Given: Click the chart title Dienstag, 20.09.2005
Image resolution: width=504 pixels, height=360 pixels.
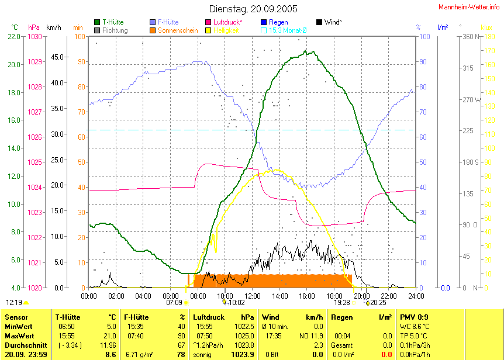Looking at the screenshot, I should coord(253,9).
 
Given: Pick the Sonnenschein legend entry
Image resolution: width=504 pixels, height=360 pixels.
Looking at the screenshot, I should coord(179,30).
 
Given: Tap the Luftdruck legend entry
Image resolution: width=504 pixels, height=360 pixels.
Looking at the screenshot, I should coord(228,22).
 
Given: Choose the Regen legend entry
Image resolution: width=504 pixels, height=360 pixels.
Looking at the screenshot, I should coord(278,22).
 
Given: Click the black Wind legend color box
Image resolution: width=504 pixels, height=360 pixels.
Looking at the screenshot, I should coord(319,22).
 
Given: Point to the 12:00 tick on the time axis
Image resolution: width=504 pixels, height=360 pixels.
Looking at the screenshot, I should coord(252,296).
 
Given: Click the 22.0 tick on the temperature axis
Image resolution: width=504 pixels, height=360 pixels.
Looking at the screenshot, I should coord(15,36).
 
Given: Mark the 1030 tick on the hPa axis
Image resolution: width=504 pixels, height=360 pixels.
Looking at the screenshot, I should coord(35,36).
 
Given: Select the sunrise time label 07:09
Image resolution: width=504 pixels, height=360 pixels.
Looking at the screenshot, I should coord(174,303).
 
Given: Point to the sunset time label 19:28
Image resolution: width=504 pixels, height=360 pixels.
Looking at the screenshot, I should coord(342,303).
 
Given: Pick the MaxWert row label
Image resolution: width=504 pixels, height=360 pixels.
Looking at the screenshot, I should coord(19,335).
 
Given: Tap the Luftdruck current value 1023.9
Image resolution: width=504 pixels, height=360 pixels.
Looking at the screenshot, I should coord(243,354).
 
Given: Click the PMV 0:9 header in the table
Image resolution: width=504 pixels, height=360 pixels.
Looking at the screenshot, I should coord(414,317).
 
